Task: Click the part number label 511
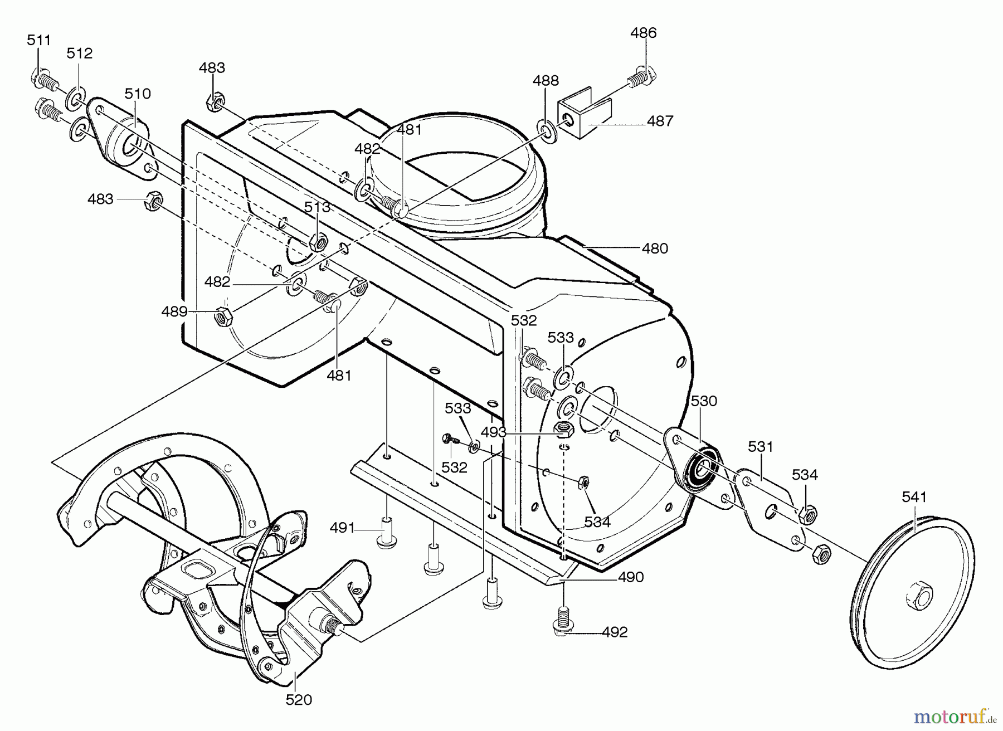39,40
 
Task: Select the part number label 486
643,33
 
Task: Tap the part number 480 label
655,248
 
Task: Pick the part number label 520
299,700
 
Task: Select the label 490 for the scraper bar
631,577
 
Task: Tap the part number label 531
761,446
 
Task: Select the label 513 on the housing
317,207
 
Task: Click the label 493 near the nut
493,432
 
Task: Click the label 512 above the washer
79,53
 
